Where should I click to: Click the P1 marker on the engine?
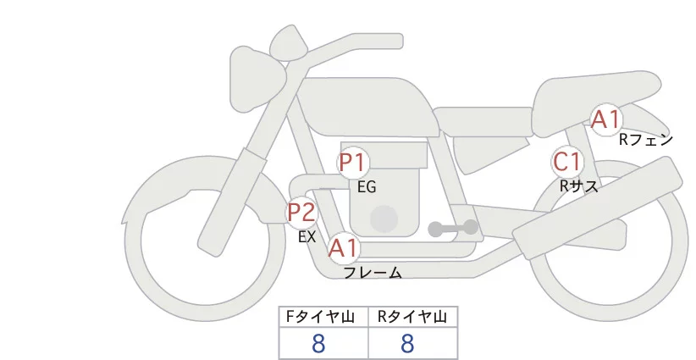pos(353,162)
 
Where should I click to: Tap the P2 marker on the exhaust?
pos(301,212)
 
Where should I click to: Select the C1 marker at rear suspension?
pos(566,161)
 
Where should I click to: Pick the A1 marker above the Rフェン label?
pos(605,119)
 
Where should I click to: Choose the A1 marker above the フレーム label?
pos(343,248)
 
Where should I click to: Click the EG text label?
pos(367,186)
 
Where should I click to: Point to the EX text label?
pos(307,237)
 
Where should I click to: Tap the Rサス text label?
pos(579,186)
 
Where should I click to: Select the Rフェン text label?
pos(645,140)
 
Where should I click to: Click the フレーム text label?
pos(373,273)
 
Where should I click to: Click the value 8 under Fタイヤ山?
pos(318,344)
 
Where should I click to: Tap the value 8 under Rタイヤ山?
pos(408,344)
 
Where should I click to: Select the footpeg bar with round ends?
pos(453,228)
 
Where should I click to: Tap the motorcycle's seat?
pos(593,93)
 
